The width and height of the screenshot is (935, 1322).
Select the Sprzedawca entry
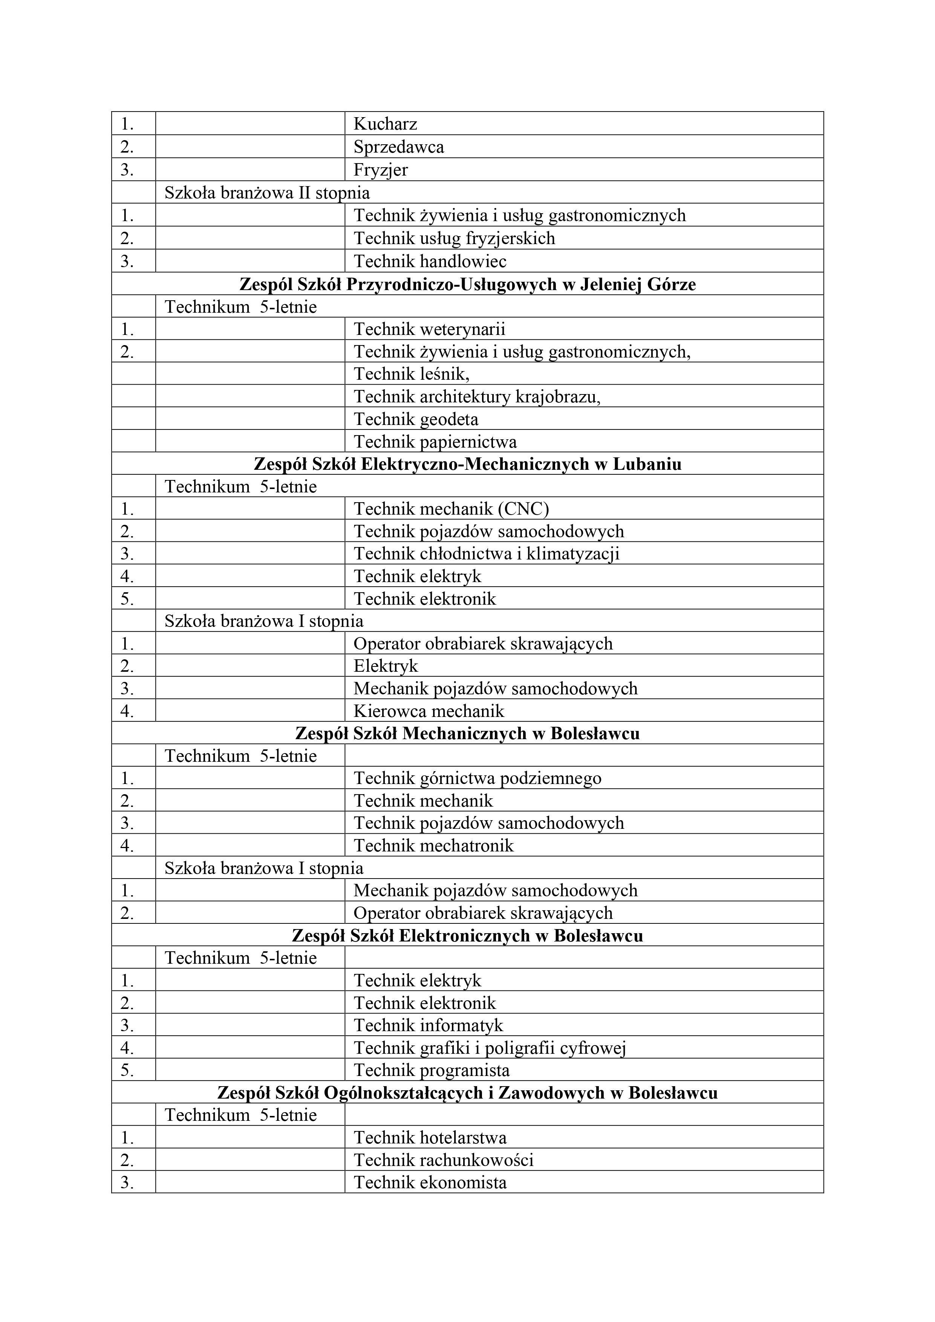(x=399, y=147)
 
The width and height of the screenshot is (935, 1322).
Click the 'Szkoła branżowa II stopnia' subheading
(x=267, y=192)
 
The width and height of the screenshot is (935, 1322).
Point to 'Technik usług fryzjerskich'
(x=454, y=238)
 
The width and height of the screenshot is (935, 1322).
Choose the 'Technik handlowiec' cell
(x=430, y=261)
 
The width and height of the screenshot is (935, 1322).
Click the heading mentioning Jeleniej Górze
(x=467, y=284)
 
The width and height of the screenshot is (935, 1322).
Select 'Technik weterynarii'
(x=429, y=329)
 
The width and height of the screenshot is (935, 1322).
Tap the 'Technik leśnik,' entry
(x=411, y=374)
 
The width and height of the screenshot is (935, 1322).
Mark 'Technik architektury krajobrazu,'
(x=477, y=396)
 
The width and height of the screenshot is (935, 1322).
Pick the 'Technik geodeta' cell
(x=416, y=419)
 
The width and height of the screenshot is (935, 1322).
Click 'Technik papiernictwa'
(x=435, y=442)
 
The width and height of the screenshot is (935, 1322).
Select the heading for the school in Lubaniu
(x=467, y=463)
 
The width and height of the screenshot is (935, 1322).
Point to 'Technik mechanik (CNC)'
(x=451, y=508)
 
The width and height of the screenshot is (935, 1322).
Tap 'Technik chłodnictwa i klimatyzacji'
(x=486, y=553)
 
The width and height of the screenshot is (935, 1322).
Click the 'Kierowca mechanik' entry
(x=428, y=711)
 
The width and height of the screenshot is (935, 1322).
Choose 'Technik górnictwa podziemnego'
(x=477, y=778)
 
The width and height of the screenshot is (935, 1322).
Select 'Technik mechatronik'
(x=433, y=845)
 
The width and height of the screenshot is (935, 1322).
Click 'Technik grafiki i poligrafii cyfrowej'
(x=490, y=1047)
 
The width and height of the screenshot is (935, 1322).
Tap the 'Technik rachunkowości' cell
(x=444, y=1160)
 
